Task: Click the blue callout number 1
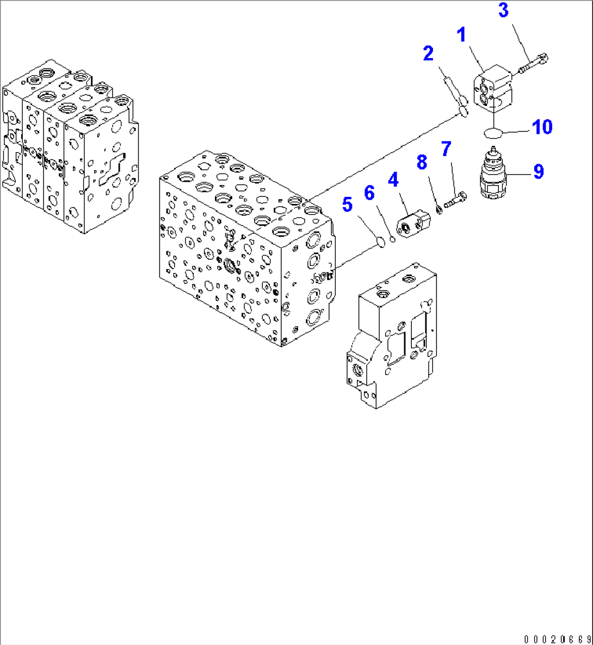point(461,36)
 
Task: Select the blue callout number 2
point(428,53)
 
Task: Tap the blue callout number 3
point(503,10)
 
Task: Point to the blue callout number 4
point(393,179)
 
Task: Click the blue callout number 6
point(369,192)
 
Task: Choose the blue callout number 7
point(446,148)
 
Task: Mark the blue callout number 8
point(422,162)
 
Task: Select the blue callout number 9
point(538,172)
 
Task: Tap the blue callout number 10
point(542,127)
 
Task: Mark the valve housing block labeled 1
point(493,89)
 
